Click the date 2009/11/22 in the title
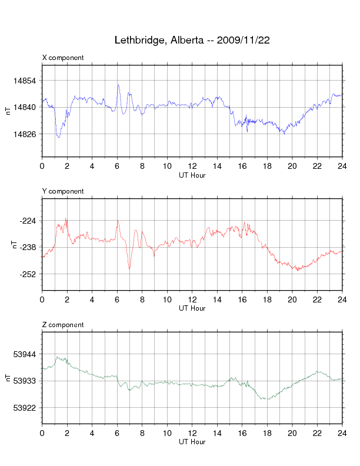click(244, 41)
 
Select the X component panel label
click(63, 58)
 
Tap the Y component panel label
click(63, 191)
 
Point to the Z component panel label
click(63, 325)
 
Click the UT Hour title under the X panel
click(192, 175)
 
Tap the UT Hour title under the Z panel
click(192, 442)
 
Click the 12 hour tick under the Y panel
click(192, 300)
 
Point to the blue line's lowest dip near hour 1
click(58, 137)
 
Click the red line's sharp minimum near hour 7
click(129, 269)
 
